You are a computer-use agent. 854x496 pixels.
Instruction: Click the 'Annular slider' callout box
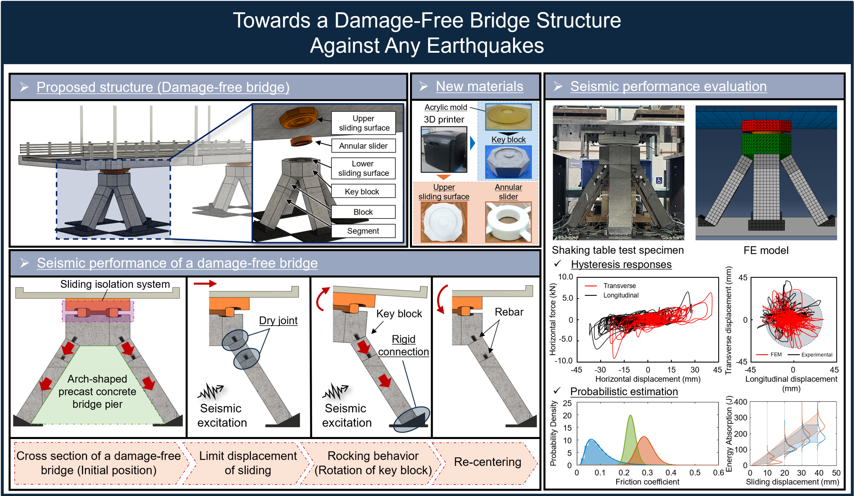363,146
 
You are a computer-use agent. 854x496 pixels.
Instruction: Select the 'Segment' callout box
363,231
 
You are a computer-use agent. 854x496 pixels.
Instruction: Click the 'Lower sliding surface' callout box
363,168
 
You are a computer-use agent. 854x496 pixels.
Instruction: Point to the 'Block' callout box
363,212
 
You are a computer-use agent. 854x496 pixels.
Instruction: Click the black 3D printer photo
444,149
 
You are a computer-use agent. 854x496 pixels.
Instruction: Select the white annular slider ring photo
508,222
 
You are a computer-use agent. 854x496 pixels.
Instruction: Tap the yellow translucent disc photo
508,117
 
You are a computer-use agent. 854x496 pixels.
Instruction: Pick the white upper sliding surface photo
444,222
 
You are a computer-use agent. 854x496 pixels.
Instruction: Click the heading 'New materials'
479,86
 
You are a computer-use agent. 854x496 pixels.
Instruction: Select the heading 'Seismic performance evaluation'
668,86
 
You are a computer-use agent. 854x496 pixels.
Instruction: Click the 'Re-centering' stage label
487,462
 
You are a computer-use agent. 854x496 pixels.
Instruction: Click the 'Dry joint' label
278,321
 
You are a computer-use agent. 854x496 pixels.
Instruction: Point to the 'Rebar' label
509,312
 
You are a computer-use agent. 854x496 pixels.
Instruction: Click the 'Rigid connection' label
403,345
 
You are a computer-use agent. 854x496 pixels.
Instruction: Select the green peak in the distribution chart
630,437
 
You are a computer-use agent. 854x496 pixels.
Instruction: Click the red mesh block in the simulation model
766,126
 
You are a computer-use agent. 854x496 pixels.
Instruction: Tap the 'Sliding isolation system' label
115,284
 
